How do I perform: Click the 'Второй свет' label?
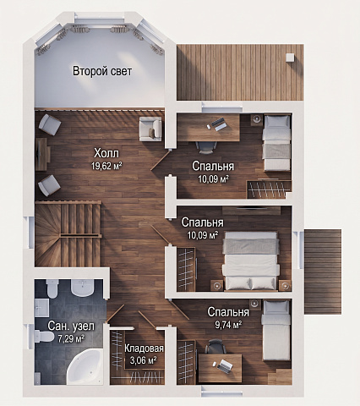102,71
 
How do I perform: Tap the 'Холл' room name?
106,153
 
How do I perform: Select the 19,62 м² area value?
106,166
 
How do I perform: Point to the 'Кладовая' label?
144,348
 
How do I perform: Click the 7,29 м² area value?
71,338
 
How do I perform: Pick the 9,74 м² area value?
228,325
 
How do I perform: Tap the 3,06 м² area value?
144,360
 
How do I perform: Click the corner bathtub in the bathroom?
85,366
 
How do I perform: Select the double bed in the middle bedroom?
251,261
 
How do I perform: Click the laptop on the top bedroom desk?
218,123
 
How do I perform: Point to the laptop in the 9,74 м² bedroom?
225,365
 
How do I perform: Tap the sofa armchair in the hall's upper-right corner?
150,129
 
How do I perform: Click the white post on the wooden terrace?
290,58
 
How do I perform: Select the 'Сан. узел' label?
71,326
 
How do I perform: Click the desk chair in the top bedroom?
206,147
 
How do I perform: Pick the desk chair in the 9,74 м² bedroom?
215,347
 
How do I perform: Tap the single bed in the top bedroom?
276,142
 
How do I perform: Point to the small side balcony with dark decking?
323,272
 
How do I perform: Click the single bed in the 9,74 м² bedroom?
276,331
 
